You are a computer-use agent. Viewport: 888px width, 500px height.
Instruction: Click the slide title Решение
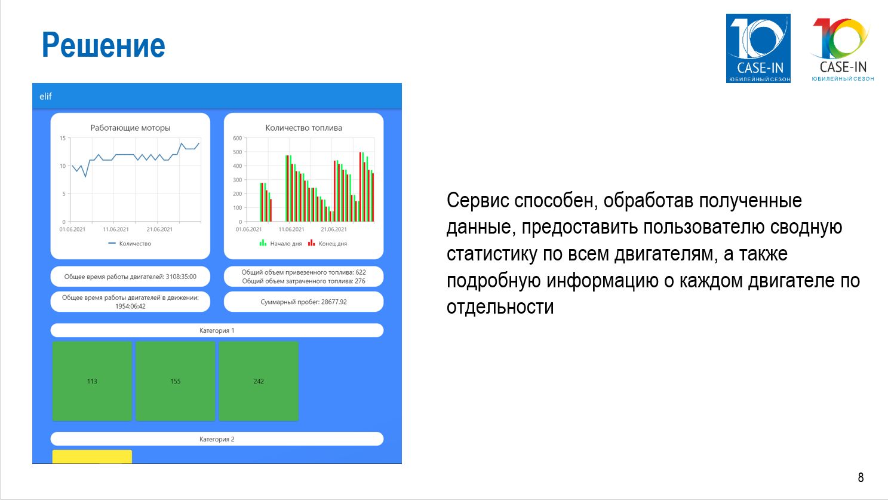click(103, 45)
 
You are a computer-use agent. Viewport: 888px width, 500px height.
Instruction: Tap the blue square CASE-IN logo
click(758, 48)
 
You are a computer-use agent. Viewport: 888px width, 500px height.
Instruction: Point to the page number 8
click(861, 477)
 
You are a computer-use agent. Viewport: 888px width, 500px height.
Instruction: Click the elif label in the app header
click(45, 96)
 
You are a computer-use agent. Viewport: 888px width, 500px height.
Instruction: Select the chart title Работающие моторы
click(130, 128)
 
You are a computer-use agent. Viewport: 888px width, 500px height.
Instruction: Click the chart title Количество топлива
click(304, 128)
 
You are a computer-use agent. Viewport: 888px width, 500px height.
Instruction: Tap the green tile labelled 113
click(92, 381)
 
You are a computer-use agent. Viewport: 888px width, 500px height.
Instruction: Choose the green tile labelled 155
click(175, 381)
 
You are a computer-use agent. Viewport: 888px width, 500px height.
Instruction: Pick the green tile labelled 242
click(259, 381)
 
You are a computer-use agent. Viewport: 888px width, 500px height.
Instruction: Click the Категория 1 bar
click(217, 330)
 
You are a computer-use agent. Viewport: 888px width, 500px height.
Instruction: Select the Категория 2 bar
click(217, 439)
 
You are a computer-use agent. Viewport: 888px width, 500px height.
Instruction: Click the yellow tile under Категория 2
click(92, 456)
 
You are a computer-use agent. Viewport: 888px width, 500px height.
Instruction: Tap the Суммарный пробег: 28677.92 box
click(304, 302)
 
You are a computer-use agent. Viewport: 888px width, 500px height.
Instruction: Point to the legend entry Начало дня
click(281, 243)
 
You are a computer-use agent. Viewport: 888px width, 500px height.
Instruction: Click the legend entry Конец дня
click(327, 243)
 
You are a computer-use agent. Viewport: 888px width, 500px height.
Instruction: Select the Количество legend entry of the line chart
click(130, 244)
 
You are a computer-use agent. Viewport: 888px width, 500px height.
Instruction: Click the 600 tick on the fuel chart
click(238, 138)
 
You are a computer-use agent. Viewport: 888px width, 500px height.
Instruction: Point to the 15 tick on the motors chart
click(63, 138)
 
